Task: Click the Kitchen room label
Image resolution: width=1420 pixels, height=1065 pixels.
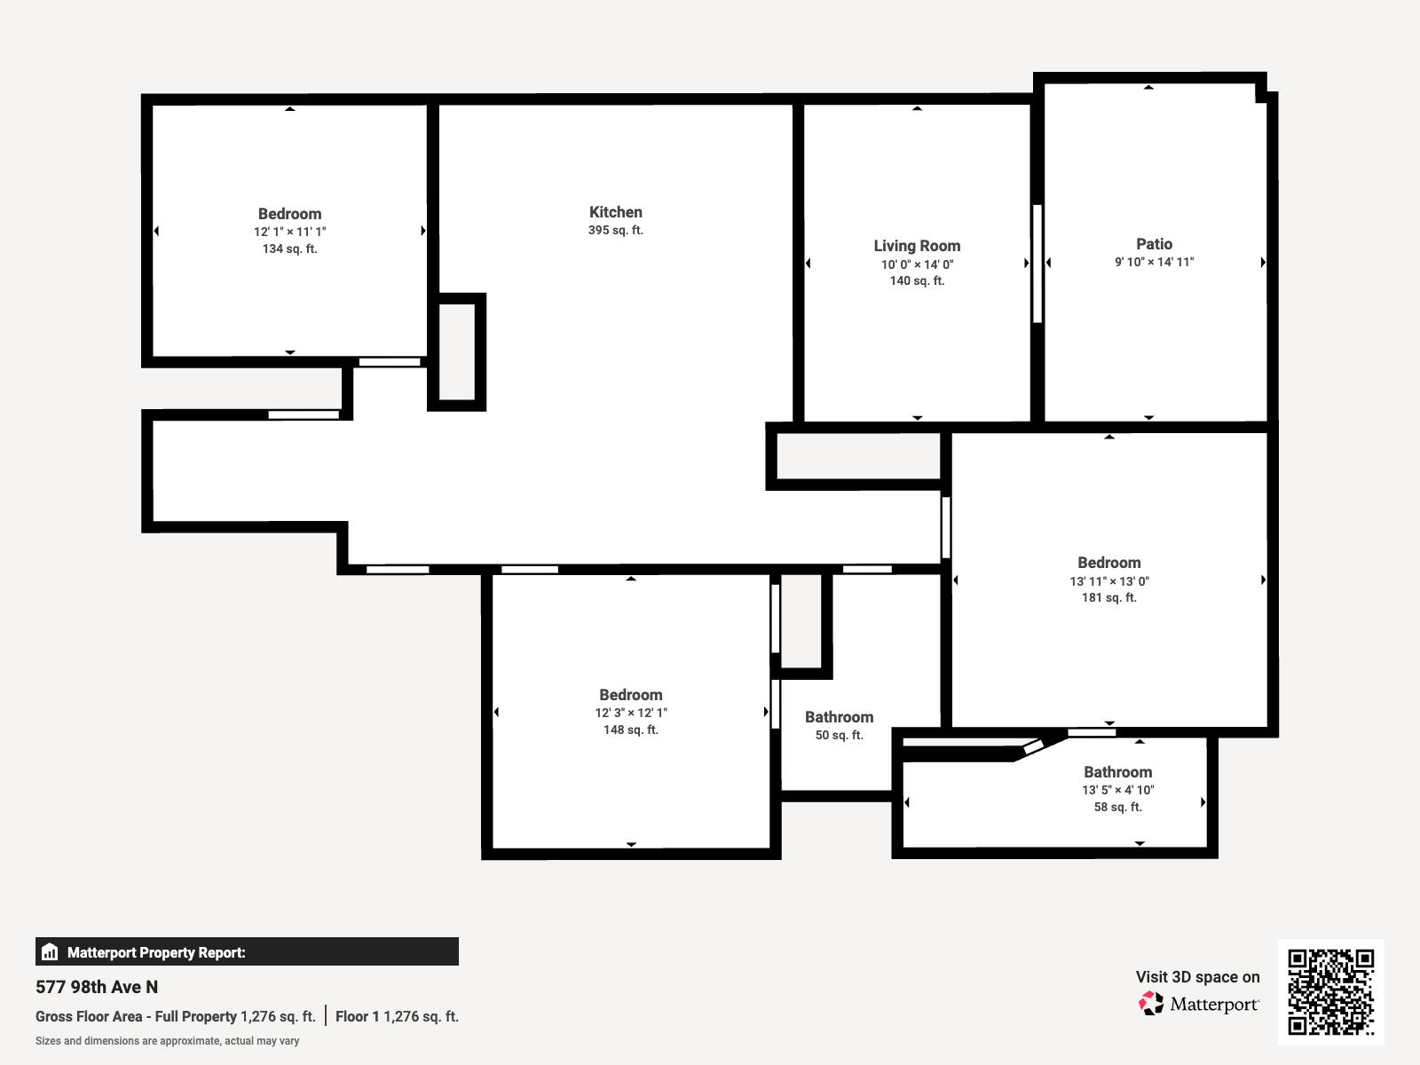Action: click(x=615, y=212)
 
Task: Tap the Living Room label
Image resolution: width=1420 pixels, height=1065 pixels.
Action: click(x=917, y=246)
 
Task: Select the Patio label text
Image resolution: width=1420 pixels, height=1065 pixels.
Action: click(x=1154, y=244)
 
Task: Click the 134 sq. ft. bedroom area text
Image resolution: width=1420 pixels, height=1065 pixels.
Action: click(x=289, y=249)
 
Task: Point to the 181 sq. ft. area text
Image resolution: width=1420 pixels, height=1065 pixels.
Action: click(x=1108, y=598)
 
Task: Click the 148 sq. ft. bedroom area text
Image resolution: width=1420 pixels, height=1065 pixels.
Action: click(x=630, y=730)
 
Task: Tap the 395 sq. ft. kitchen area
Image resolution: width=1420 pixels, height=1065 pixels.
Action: click(x=615, y=231)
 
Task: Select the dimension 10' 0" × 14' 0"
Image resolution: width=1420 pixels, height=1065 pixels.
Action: click(x=917, y=264)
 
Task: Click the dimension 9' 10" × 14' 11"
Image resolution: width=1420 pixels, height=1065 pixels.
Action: click(x=1154, y=263)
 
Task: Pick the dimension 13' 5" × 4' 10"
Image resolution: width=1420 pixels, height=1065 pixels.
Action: click(x=1117, y=790)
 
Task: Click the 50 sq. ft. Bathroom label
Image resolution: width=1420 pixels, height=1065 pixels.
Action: click(x=839, y=717)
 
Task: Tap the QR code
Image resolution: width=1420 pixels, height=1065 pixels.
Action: click(x=1330, y=991)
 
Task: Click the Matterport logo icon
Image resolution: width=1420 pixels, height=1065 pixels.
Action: click(x=1151, y=1004)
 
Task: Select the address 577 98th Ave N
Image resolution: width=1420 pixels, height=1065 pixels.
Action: click(x=97, y=987)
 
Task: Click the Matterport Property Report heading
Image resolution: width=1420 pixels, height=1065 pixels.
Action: click(x=156, y=952)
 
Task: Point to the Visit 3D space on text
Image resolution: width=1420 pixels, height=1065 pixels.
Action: click(x=1197, y=977)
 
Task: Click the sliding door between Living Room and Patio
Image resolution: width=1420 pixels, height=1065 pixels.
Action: click(x=1037, y=264)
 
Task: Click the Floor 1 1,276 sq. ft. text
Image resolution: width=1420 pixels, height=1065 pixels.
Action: click(x=397, y=1017)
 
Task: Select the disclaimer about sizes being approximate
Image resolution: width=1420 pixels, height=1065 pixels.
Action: click(x=167, y=1041)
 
